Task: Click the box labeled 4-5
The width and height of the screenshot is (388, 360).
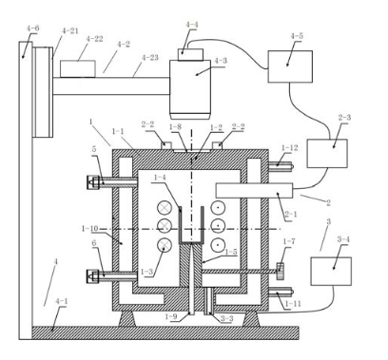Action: (x=290, y=66)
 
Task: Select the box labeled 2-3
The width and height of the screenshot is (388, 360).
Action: (x=327, y=153)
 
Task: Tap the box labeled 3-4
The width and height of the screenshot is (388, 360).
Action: (x=331, y=272)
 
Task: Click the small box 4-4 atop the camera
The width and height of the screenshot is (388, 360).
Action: (x=190, y=54)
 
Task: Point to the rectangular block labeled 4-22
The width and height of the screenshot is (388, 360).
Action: (x=78, y=68)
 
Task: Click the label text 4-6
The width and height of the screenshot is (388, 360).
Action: (x=33, y=28)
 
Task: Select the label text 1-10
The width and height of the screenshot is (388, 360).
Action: (x=90, y=228)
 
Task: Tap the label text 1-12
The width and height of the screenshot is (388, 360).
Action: (x=290, y=148)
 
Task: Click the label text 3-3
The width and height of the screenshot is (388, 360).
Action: (x=226, y=318)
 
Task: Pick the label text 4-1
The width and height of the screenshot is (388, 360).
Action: (x=62, y=301)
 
